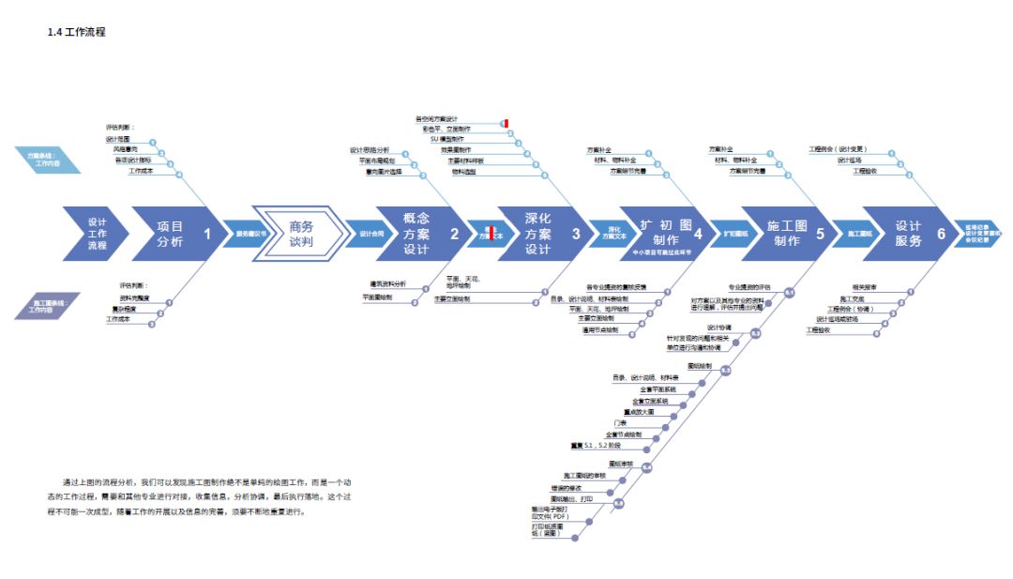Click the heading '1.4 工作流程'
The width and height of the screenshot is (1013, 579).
[76, 32]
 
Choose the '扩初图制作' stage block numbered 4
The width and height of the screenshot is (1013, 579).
[667, 233]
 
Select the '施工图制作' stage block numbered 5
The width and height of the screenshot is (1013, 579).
[789, 234]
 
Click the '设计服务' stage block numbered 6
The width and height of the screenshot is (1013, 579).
[911, 233]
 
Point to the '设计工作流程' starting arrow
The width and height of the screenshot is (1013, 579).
[93, 234]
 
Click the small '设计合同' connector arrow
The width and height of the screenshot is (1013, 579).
[371, 234]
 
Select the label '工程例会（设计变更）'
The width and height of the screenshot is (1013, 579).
[838, 149]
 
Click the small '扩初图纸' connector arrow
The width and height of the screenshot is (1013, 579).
[736, 234]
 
